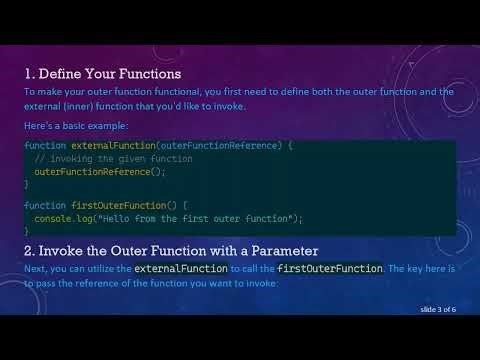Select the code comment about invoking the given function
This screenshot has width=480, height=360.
(113, 159)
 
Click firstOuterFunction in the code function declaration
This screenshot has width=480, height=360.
(115, 205)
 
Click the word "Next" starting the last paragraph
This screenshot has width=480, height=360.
(35, 269)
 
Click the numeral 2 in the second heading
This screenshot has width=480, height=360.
(29, 250)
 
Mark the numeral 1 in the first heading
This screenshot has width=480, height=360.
(28, 74)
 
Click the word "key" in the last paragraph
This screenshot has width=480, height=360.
(406, 269)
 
